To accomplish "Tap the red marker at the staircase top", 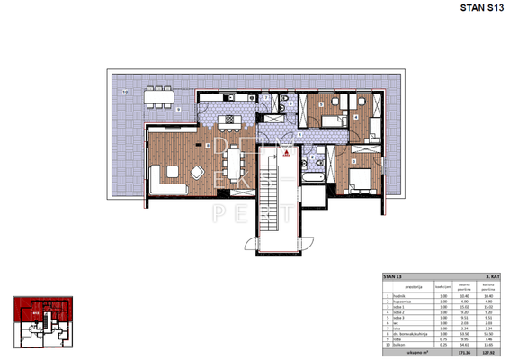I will pyautogui.click(x=286, y=154).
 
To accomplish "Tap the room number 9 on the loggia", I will pyautogui.click(x=178, y=110).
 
